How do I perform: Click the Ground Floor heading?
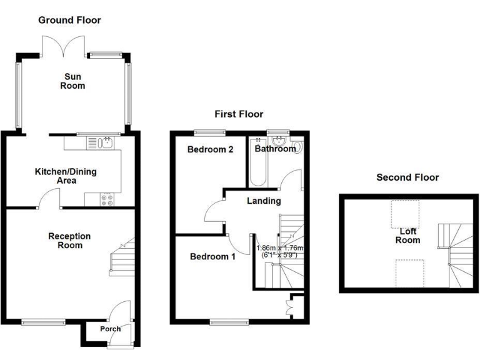point(69,20)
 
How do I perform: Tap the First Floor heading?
point(239,114)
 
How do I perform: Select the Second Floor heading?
point(407,177)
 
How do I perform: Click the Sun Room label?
point(72,81)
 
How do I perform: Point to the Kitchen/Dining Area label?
point(64,176)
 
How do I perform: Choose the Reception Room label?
point(69,241)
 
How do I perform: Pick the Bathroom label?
point(275,149)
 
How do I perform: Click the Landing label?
point(264,201)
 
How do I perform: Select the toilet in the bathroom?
point(297,147)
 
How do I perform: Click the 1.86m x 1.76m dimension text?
point(279,251)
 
